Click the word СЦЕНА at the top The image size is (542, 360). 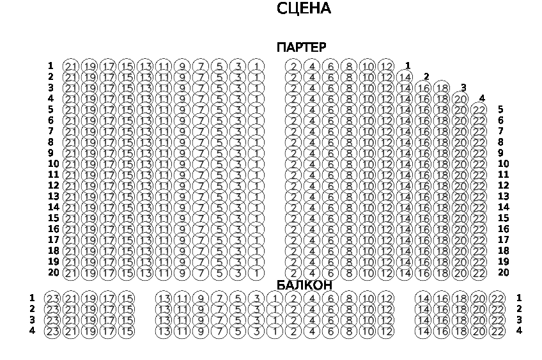coord(304,8)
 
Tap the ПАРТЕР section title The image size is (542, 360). coord(301,47)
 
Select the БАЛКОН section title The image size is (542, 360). coord(304,285)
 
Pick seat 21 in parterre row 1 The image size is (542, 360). coord(71,66)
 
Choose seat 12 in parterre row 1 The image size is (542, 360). coord(386,66)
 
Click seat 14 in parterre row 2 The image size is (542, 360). coord(405,77)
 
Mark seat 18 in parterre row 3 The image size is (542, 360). coord(442,88)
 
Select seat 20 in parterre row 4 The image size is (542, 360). coord(460,99)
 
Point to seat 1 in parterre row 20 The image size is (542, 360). coord(256,274)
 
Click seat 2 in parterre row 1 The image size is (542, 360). coord(293,66)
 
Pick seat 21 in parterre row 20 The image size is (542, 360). coord(71,274)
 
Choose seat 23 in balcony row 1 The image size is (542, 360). coord(52,299)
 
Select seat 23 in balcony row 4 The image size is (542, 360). coord(52,331)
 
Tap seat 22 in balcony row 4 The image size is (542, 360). coord(497,331)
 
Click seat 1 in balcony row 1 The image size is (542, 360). coord(275,299)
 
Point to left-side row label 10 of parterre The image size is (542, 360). coord(54,164)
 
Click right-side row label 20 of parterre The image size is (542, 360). coord(504,272)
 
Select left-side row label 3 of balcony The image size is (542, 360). coord(32,320)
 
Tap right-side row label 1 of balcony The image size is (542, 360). coord(519,297)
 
